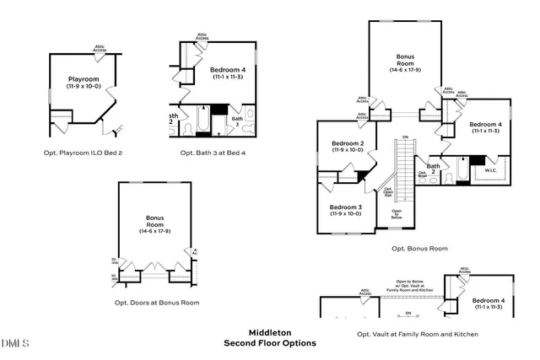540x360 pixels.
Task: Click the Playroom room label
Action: (84, 81)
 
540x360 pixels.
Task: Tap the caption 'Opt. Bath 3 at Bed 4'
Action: (213, 153)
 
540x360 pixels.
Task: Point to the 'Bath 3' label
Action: (237, 120)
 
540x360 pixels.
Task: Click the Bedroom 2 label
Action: (347, 146)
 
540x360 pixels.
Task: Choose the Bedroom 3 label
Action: (345, 210)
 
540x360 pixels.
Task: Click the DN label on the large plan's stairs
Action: (405, 137)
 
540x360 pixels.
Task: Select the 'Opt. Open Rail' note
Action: (388, 191)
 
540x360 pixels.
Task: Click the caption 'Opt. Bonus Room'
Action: (419, 249)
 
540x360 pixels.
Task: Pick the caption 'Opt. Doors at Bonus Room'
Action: (157, 302)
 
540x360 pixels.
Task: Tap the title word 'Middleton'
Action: (269, 332)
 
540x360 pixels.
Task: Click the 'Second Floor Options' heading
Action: (269, 343)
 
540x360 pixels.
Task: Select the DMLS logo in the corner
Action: (15, 343)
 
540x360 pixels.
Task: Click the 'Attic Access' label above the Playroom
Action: (100, 49)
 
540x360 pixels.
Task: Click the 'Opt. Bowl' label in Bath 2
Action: (422, 175)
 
